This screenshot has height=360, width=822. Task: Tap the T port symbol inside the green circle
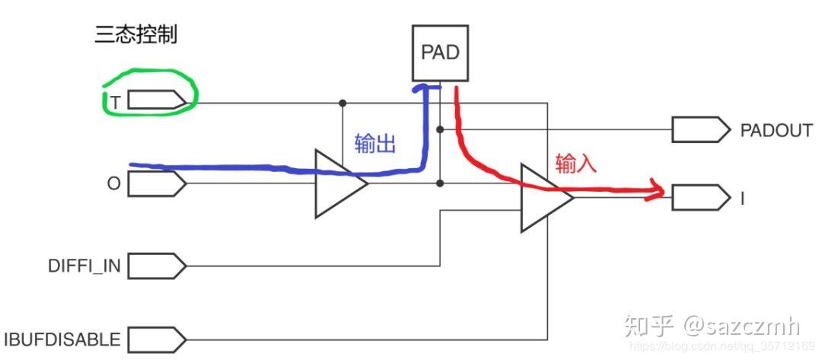[x=155, y=100]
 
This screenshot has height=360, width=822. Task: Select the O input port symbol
[x=155, y=183]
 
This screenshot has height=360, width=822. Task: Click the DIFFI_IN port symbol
[x=155, y=266]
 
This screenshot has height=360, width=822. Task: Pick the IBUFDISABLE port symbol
[x=155, y=338]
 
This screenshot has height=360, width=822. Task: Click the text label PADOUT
[x=776, y=130]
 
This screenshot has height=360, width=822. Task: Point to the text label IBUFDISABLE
[x=62, y=339]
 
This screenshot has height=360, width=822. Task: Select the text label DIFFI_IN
[x=82, y=267]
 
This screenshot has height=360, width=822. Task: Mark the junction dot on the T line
[x=342, y=102]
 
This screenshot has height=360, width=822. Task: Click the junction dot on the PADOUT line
[x=441, y=129]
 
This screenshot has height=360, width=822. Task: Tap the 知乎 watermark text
[x=648, y=326]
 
